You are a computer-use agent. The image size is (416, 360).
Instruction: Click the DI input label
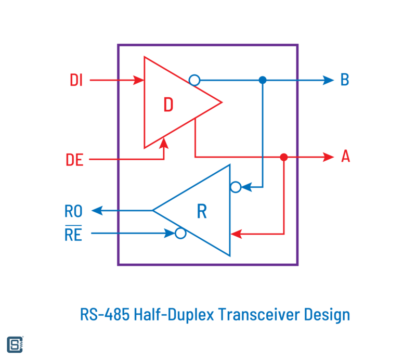pyautogui.click(x=76, y=80)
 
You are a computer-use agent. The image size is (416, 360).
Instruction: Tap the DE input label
pyautogui.click(x=75, y=159)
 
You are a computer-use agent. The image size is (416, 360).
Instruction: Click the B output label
pyautogui.click(x=345, y=80)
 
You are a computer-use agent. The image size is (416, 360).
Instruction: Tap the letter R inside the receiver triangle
pyautogui.click(x=202, y=211)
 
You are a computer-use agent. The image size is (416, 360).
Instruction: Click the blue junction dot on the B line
pyautogui.click(x=263, y=80)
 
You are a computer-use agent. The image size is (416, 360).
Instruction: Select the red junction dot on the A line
pyautogui.click(x=283, y=157)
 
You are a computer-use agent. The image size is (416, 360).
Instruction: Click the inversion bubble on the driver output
pyautogui.click(x=194, y=80)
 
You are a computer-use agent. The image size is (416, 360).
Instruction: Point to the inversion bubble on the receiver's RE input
pyautogui.click(x=180, y=234)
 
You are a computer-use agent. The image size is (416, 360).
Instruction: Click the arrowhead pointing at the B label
pyautogui.click(x=328, y=80)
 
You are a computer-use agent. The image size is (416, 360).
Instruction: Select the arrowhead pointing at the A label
pyautogui.click(x=328, y=157)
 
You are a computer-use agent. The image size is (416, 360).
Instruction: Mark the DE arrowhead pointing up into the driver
pyautogui.click(x=164, y=142)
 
